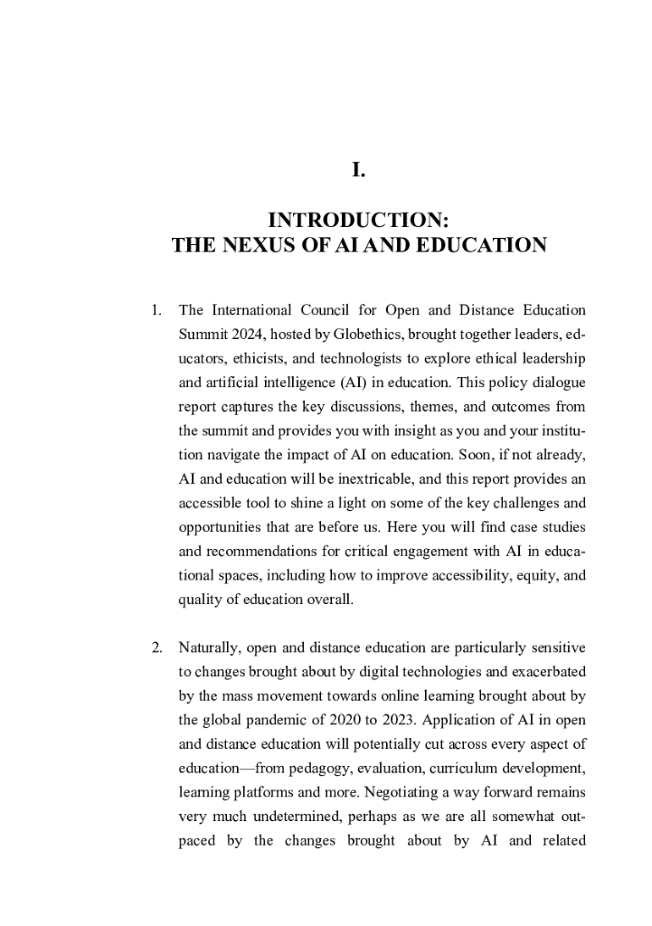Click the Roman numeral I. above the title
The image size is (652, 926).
click(358, 169)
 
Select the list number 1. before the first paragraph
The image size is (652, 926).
click(156, 311)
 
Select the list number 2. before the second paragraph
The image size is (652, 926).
click(156, 647)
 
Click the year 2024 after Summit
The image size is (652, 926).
click(247, 335)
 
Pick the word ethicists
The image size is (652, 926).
click(263, 359)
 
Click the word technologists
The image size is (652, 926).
click(373, 359)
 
